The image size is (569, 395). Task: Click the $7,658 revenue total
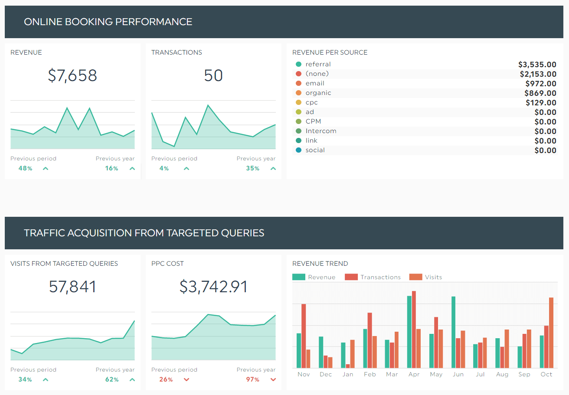point(72,75)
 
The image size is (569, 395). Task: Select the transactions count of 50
point(213,75)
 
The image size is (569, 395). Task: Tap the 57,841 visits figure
point(72,287)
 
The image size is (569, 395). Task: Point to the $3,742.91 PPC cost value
point(213,287)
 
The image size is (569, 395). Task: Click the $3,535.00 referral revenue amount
point(537,65)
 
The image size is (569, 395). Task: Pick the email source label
point(315,83)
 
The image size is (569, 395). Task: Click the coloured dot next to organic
point(298,93)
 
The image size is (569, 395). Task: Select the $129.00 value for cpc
point(541,103)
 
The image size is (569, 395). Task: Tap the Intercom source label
point(321,131)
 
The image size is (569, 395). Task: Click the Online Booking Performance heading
point(108,22)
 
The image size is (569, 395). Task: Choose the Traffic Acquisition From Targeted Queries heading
point(144,233)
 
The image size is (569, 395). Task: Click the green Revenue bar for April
point(409,332)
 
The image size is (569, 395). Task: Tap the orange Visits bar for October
point(551,333)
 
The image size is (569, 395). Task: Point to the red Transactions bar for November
point(304,336)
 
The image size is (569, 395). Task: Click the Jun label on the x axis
point(458,374)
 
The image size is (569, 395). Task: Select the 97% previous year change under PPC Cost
point(252,379)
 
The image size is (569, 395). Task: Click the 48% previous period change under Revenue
point(25,168)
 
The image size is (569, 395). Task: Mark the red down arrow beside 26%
point(186,379)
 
